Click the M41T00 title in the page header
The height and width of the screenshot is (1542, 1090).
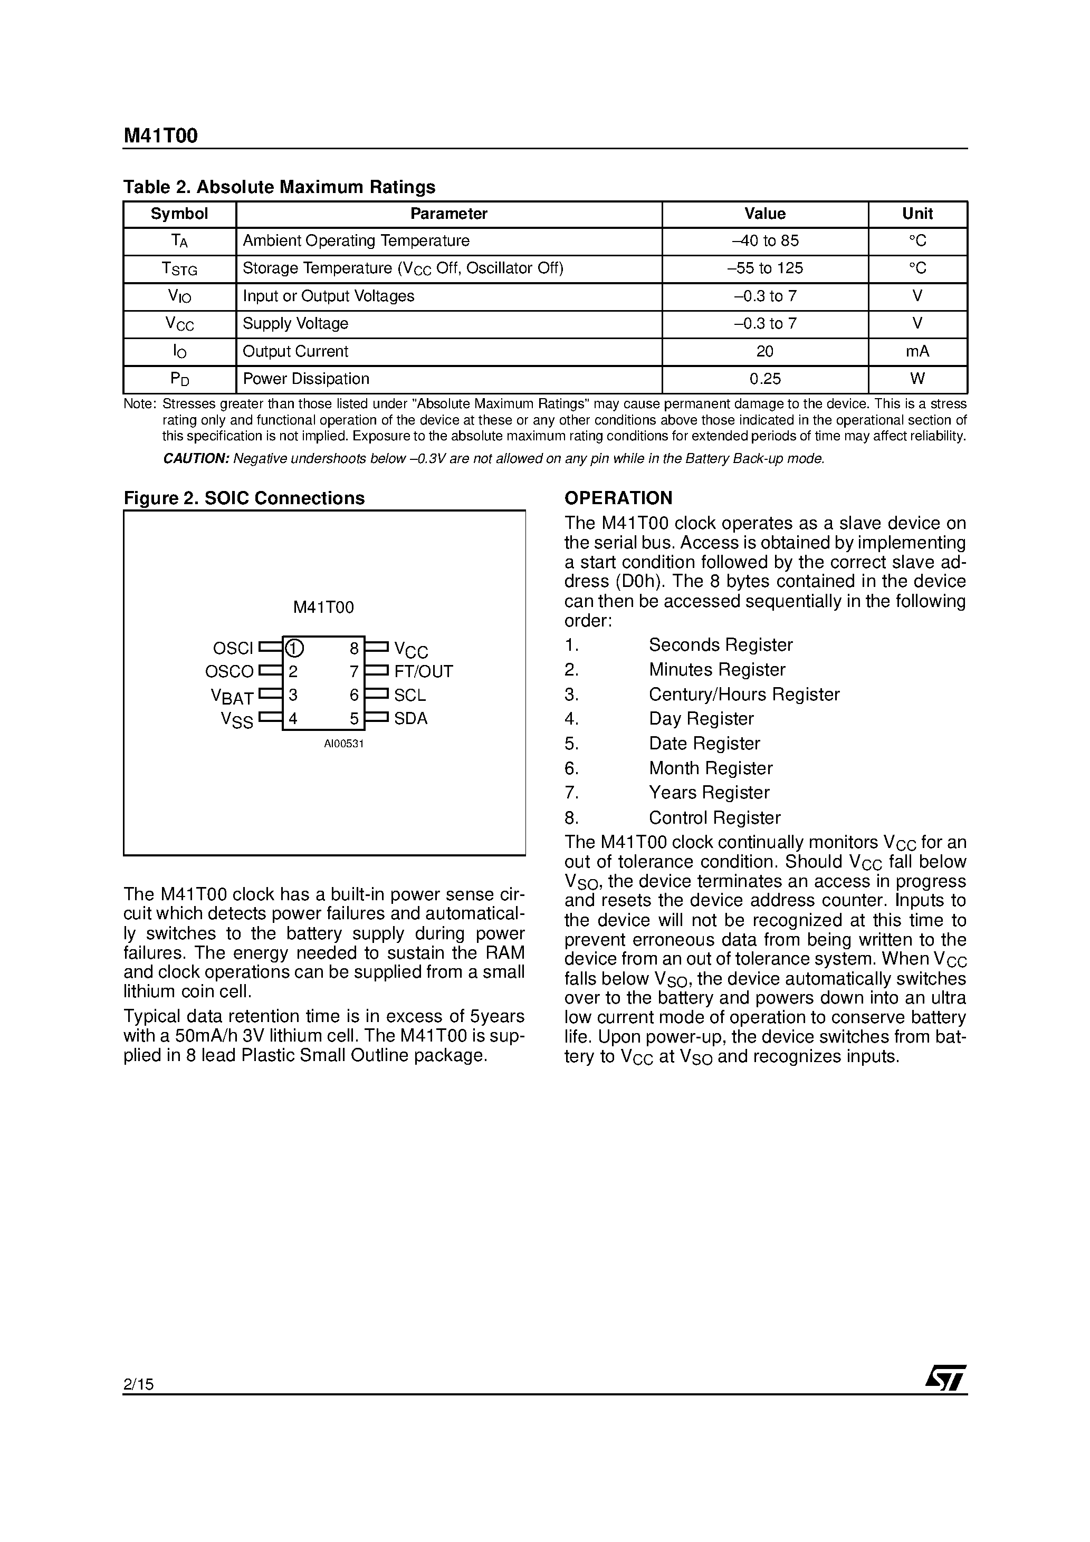[x=160, y=137]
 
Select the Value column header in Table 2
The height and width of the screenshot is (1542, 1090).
[x=765, y=214]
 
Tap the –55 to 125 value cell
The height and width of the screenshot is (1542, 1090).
[x=765, y=268]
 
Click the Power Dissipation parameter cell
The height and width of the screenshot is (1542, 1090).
[x=306, y=379]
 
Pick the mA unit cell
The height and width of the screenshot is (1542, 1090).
[x=917, y=351]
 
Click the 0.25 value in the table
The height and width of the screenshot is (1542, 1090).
[x=765, y=379]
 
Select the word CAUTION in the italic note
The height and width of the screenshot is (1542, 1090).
[x=196, y=459]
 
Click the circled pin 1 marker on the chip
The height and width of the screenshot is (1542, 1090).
[x=294, y=648]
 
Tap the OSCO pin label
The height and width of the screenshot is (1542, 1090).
[x=229, y=672]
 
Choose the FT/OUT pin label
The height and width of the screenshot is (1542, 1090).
[x=423, y=672]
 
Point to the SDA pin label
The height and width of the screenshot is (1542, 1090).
[x=410, y=719]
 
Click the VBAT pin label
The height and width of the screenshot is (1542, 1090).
[x=232, y=697]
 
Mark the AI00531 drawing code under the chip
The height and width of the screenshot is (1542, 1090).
[x=343, y=744]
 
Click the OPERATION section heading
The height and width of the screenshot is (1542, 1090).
[x=618, y=498]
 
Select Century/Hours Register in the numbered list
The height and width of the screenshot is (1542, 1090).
[x=744, y=695]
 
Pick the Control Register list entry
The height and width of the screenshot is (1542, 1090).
[x=714, y=817]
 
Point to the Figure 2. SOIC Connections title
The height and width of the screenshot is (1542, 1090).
[x=244, y=498]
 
